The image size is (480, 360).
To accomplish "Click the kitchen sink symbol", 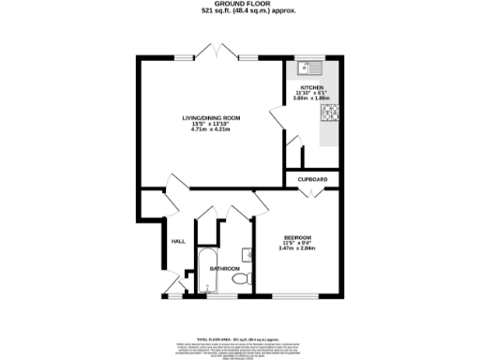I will (x=307, y=68).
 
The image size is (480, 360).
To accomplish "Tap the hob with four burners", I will (x=331, y=114).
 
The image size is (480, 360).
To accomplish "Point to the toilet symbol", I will (x=240, y=278).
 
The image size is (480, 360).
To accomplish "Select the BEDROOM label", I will (x=298, y=236).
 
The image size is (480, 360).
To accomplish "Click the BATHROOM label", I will (x=224, y=268).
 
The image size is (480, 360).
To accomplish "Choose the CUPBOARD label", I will (x=312, y=178).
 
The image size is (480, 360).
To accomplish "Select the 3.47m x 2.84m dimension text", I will (x=298, y=248).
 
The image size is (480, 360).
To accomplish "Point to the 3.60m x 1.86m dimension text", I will (x=311, y=97).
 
